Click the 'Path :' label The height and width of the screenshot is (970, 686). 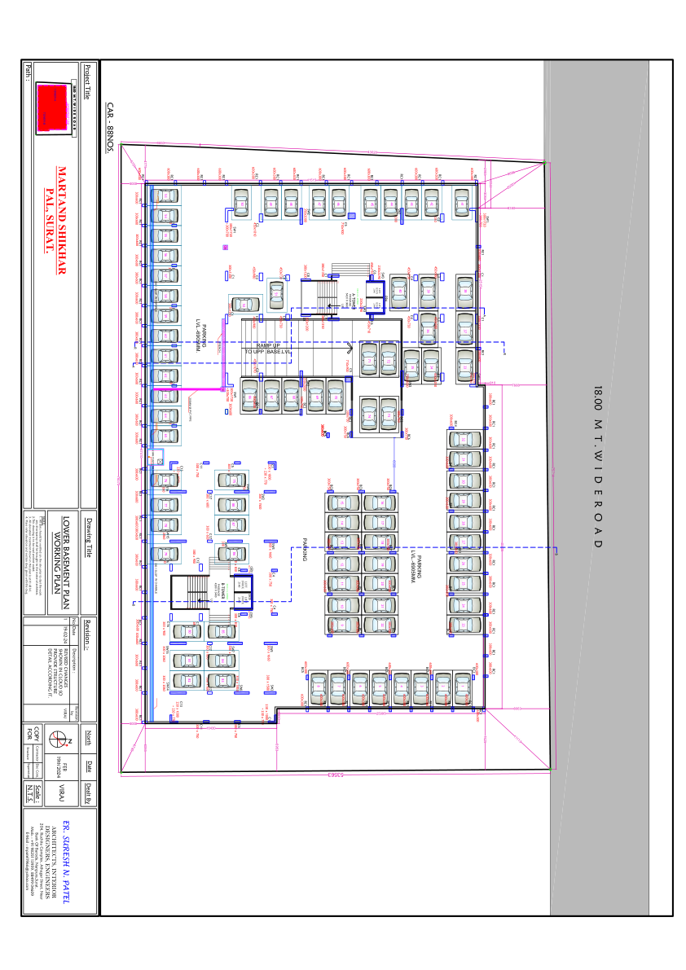click(28, 72)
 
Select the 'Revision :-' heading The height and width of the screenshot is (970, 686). click(89, 635)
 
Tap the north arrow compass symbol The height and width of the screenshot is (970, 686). click(58, 740)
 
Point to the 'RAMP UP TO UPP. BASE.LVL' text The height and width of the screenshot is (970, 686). click(273, 349)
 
